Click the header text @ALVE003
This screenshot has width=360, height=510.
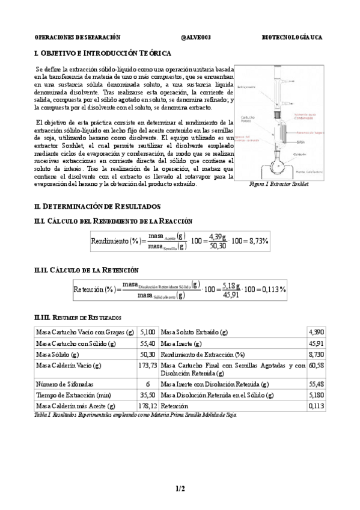[195, 37]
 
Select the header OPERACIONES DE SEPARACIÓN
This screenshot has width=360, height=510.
[77, 37]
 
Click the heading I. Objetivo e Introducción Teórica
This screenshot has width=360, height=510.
[99, 53]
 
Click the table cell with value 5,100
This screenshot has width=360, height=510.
[148, 332]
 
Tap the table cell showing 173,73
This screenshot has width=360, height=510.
[148, 365]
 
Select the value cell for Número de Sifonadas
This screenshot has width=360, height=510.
[148, 383]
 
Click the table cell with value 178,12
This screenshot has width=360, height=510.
[148, 407]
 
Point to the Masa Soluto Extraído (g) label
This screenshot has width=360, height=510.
[194, 332]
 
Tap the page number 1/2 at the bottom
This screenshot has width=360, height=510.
[180, 489]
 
